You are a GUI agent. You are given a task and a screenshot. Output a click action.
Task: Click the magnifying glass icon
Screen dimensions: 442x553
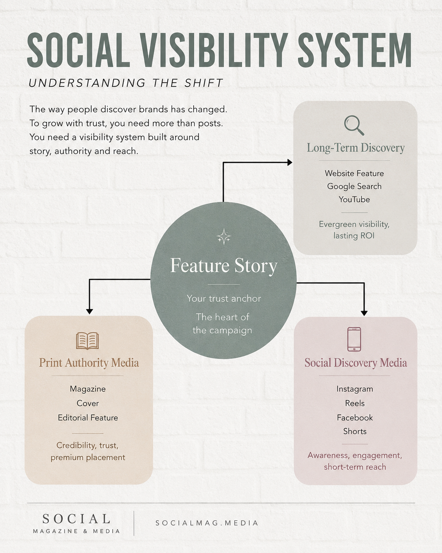(x=354, y=125)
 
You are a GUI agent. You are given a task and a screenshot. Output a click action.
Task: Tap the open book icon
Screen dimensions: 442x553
(x=87, y=341)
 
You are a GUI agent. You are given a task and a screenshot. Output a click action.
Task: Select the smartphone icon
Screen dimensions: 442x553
(x=354, y=339)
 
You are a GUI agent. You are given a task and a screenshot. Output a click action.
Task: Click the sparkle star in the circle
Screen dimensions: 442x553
(x=224, y=237)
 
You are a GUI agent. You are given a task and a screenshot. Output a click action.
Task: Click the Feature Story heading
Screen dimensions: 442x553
(x=224, y=265)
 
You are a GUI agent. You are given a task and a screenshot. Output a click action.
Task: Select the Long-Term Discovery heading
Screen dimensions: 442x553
(x=356, y=148)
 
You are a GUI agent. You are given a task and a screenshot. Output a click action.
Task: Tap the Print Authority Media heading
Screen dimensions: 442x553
(x=89, y=363)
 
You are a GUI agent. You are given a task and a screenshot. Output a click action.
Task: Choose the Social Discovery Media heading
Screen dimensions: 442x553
(x=356, y=363)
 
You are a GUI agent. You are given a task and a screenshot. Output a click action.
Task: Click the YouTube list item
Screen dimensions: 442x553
(x=354, y=200)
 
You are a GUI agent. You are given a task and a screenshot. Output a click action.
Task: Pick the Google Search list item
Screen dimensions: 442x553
(x=354, y=186)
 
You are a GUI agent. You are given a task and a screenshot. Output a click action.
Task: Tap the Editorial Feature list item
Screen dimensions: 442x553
(x=88, y=418)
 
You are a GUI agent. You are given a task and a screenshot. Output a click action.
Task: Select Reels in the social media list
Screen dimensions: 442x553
(x=355, y=403)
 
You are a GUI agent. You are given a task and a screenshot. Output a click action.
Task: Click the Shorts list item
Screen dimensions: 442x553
(x=355, y=431)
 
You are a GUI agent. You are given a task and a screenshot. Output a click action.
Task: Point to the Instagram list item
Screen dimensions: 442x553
(x=355, y=389)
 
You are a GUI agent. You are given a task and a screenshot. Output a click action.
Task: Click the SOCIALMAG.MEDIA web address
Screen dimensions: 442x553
(x=207, y=523)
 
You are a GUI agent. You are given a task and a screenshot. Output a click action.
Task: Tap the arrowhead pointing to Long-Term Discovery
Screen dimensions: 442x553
(x=290, y=163)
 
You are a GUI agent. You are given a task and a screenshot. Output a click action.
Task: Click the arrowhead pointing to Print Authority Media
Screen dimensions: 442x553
(x=89, y=312)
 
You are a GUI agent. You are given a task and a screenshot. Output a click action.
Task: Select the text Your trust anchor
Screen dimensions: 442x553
(x=224, y=298)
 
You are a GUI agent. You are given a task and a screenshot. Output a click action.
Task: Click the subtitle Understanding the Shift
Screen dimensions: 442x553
(x=126, y=83)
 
